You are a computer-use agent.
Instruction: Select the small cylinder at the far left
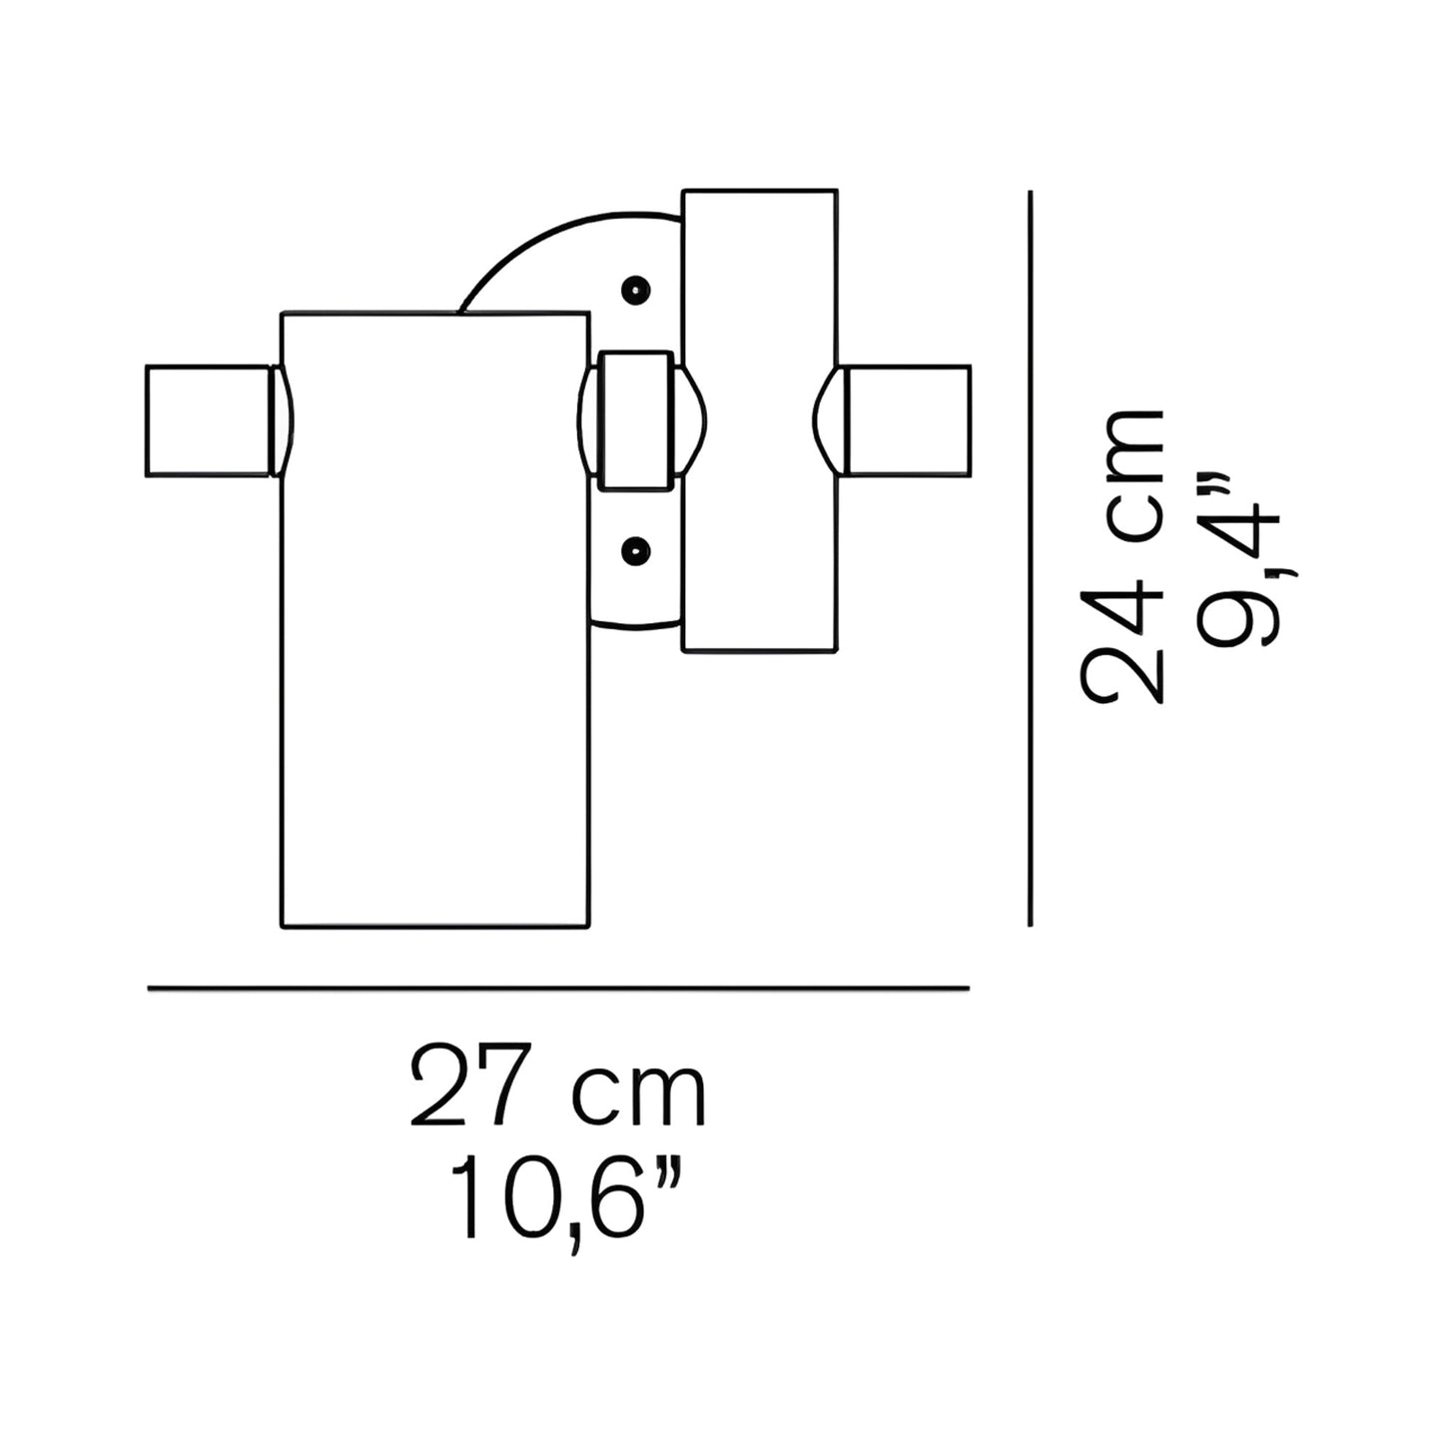(x=207, y=420)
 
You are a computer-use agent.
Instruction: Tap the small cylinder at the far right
(x=908, y=420)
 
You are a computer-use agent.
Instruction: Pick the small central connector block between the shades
(x=635, y=420)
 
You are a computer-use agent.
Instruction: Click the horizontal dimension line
(x=558, y=988)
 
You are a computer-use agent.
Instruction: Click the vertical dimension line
(x=1030, y=559)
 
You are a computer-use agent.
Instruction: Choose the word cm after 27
(x=639, y=1095)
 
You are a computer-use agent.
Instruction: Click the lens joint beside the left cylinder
(x=283, y=420)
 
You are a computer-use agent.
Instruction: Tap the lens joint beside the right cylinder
(x=829, y=420)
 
